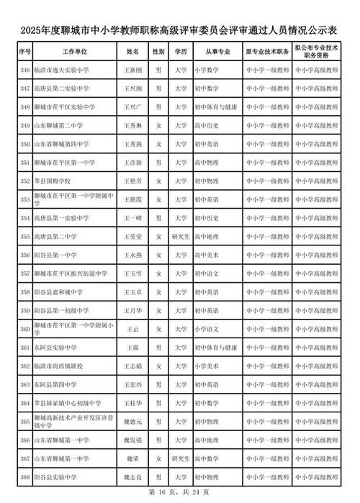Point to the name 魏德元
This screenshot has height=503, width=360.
point(132,419)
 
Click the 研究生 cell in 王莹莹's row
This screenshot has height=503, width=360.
point(180,235)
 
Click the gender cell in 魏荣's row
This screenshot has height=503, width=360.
point(158,458)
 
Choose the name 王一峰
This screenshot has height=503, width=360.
point(132,217)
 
